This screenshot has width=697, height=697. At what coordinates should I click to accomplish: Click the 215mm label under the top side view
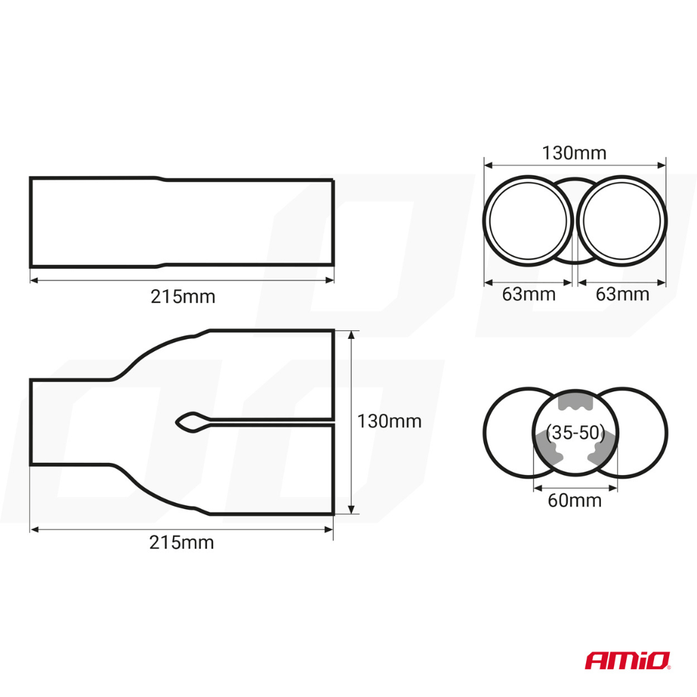tap(182, 297)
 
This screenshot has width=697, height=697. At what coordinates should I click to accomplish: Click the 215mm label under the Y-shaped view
tap(181, 542)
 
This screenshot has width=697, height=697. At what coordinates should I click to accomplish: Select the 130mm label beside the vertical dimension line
tap(389, 421)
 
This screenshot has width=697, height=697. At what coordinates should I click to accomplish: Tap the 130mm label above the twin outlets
tap(574, 152)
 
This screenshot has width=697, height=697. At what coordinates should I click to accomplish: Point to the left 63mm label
tap(528, 294)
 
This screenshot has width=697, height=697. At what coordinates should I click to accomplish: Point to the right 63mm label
tap(622, 294)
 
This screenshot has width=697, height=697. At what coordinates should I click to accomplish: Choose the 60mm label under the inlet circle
tap(574, 500)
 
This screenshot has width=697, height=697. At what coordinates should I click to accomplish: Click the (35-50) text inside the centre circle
tap(575, 432)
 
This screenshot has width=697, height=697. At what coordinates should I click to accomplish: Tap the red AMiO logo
tap(628, 660)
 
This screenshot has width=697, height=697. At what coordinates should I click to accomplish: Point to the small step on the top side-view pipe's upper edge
tap(160, 180)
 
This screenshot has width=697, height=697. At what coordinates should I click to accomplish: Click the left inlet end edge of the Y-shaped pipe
tap(31, 422)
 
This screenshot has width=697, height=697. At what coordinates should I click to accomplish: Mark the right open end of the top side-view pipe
tap(333, 222)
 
